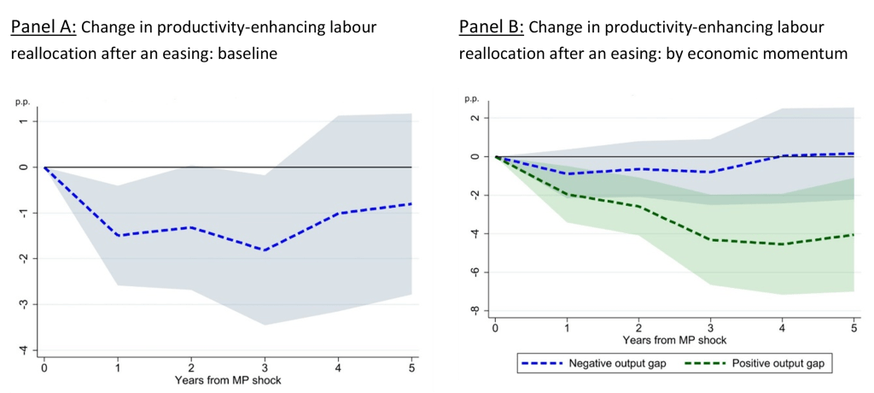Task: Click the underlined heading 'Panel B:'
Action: pos(492,27)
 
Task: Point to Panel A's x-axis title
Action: pos(228,379)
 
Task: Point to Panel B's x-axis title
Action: pos(675,339)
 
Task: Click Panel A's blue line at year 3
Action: pos(265,250)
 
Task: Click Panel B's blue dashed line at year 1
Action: pos(567,173)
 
